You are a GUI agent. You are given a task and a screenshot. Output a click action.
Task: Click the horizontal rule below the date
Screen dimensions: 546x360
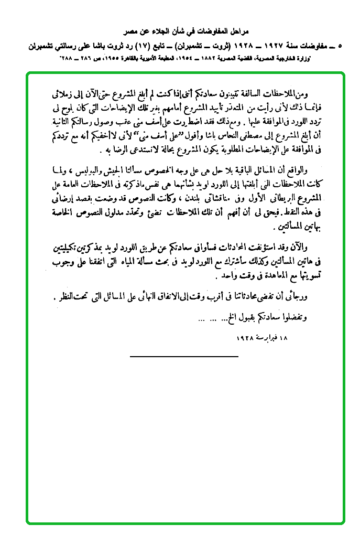183,357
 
